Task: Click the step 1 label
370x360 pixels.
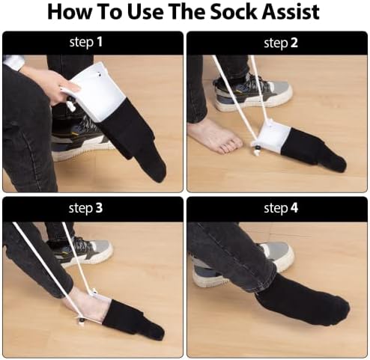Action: [92, 43]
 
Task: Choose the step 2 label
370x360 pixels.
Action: [276, 43]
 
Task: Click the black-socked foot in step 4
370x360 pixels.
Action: [300, 299]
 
